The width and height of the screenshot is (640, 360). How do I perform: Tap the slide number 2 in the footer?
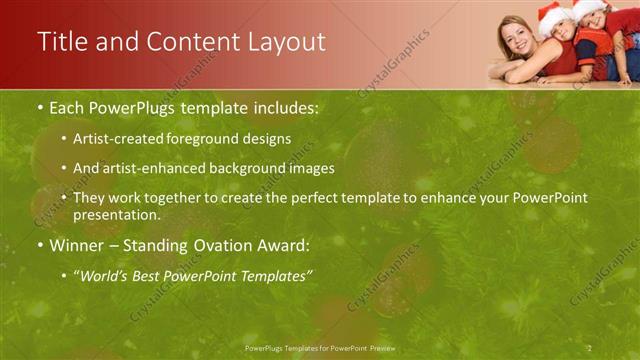click(590, 349)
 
